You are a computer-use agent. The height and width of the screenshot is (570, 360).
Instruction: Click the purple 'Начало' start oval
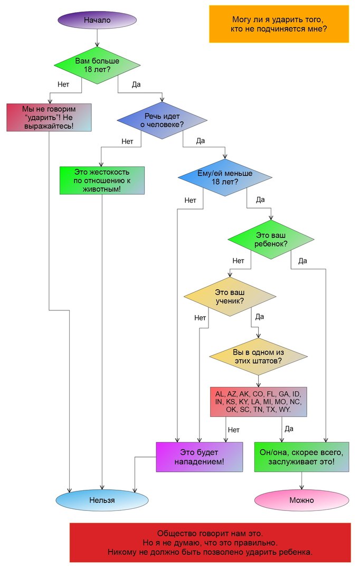pos(97,20)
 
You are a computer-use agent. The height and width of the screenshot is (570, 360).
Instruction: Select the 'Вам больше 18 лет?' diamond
pos(97,64)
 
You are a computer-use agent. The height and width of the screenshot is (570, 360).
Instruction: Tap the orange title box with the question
pos(279,24)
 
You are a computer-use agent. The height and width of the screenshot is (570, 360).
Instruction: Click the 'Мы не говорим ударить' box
pos(49,117)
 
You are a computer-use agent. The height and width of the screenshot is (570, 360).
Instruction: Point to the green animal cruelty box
pos(101,180)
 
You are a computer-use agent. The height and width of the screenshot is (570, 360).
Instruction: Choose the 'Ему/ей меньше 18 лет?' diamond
pos(225,177)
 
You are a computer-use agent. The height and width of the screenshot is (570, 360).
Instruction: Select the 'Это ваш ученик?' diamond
pos(230,297)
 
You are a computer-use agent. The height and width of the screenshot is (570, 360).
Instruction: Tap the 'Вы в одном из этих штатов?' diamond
pos(258,357)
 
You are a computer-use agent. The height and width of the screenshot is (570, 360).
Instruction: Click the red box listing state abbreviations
pos(258,402)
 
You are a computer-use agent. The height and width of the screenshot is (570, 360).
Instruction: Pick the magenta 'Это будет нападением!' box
pos(199,457)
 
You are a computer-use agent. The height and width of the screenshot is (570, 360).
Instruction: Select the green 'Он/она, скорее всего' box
pos(301,457)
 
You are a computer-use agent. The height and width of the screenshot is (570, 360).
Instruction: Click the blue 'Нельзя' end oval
pos(102,500)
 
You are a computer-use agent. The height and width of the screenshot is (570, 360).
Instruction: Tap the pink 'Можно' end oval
pos(301,500)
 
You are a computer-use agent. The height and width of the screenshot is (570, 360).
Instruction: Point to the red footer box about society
pos(210,543)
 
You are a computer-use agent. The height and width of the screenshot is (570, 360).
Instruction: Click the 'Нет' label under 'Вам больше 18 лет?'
pos(63,84)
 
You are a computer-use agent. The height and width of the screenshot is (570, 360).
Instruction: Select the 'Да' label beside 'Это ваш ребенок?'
pos(302,261)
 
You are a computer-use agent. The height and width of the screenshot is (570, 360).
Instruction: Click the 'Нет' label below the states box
pos(233,430)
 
